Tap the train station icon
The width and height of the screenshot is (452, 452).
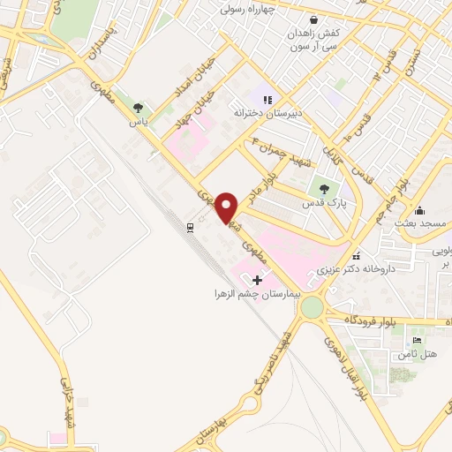(x=190, y=228)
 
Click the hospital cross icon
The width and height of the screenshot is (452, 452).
(x=257, y=279)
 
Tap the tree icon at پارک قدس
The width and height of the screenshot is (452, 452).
(x=323, y=187)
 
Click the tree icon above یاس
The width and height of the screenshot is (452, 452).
(x=138, y=108)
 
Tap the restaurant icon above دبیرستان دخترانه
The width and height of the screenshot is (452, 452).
(x=267, y=100)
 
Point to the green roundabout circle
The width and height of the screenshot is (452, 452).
(x=312, y=308)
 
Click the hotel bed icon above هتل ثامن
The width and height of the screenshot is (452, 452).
(x=418, y=341)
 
